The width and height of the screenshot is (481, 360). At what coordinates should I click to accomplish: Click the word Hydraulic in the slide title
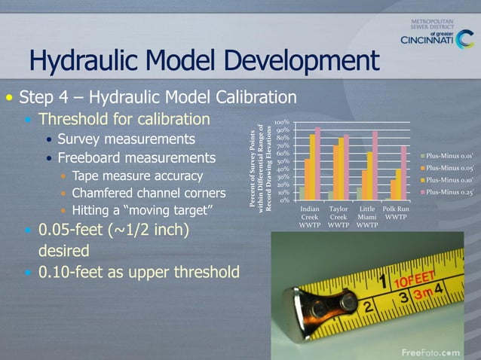click(90, 61)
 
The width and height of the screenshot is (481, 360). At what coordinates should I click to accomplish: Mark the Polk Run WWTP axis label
click(396, 212)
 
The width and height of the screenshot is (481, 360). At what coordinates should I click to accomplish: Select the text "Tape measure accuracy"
click(138, 176)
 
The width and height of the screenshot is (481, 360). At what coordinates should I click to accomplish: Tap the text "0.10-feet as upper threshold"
click(139, 271)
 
